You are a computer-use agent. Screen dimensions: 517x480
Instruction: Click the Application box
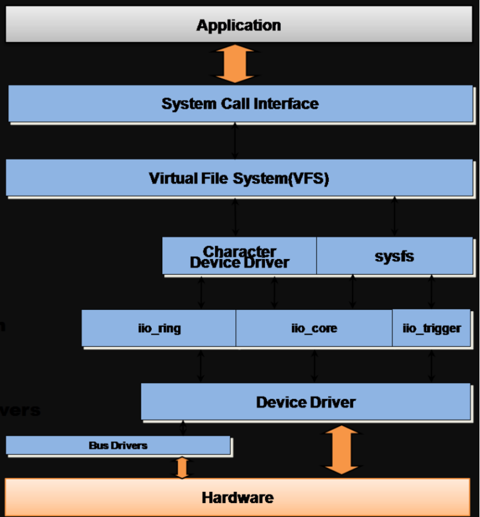pos(238,25)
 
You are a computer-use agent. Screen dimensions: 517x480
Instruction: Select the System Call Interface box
pos(240,104)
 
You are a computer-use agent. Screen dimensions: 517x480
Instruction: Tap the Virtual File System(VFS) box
pos(239,178)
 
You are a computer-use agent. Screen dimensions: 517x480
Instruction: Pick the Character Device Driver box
pos(239,256)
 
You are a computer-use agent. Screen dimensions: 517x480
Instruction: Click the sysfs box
pos(394,256)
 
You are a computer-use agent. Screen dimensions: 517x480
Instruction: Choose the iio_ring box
pos(159,328)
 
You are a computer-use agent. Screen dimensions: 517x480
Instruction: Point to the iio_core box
pos(314,328)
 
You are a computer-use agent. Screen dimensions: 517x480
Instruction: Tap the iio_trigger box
pos(431,328)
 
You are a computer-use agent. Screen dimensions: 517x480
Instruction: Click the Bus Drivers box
pos(118,445)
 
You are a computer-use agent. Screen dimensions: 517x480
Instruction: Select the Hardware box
pos(237,498)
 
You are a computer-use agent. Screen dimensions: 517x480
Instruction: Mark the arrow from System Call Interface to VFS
pos(235,141)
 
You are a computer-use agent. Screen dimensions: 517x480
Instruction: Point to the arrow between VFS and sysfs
pos(395,216)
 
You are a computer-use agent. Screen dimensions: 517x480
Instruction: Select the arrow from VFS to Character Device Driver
pos(235,216)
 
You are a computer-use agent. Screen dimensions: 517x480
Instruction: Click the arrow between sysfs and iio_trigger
pos(432,292)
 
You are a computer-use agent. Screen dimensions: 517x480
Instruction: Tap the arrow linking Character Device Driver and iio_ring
pos(201,292)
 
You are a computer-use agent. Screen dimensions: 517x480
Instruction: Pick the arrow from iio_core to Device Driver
pos(315,366)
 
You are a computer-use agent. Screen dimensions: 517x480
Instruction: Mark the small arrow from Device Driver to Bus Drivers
pos(183,428)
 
